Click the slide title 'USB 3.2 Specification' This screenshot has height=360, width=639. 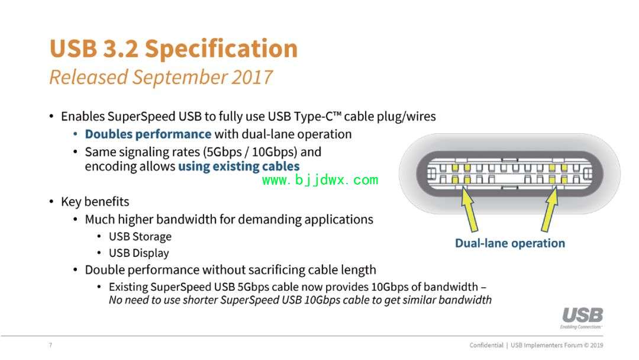(x=173, y=49)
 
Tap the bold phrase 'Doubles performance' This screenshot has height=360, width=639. (x=148, y=134)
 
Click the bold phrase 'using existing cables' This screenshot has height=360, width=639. (x=239, y=166)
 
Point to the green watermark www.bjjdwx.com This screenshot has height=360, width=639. (x=320, y=180)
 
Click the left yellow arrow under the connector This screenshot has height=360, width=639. (x=468, y=210)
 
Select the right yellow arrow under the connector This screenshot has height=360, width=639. (x=550, y=210)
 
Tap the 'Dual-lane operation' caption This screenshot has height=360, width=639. (x=510, y=243)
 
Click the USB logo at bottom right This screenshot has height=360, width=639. (x=582, y=317)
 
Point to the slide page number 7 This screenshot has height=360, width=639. (x=50, y=345)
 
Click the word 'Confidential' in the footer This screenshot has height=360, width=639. (x=486, y=345)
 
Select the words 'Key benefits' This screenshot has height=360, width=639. (x=95, y=202)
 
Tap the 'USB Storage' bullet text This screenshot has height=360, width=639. (x=140, y=237)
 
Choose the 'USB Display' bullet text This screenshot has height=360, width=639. (x=138, y=253)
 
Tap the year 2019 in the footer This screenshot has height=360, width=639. (x=596, y=345)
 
